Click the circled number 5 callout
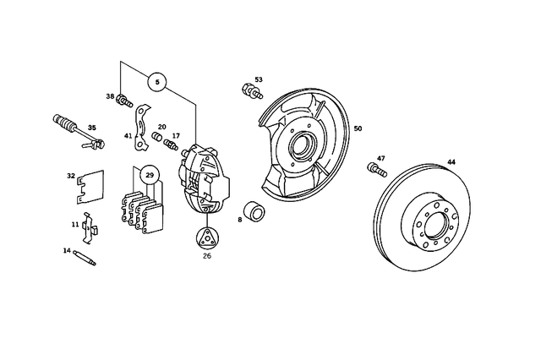(158, 82)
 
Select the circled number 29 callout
(150, 176)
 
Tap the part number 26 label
(207, 258)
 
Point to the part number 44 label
(451, 161)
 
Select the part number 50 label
(358, 128)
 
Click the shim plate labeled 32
(88, 187)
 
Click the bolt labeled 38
(125, 103)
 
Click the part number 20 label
(161, 127)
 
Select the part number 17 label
(176, 135)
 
